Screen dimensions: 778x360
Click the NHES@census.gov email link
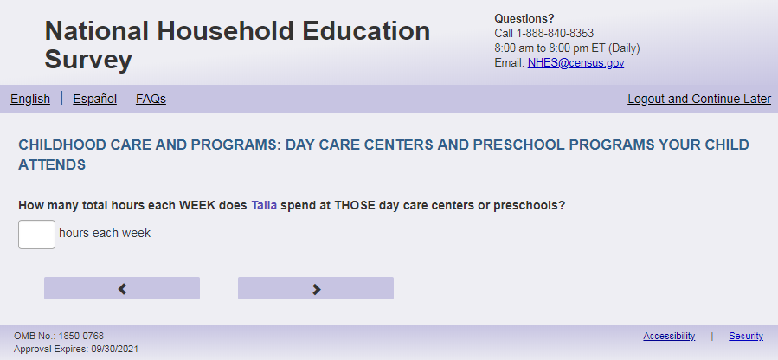(x=575, y=63)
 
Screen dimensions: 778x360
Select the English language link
(x=30, y=100)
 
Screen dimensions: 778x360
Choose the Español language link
(x=95, y=100)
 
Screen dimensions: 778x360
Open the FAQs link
(x=151, y=100)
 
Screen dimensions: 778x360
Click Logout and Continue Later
(x=699, y=100)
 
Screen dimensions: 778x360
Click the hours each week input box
(x=36, y=235)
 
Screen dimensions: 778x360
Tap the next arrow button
(x=316, y=288)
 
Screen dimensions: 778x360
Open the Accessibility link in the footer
(x=669, y=336)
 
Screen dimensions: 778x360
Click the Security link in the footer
(x=746, y=336)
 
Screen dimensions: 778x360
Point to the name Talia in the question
(x=264, y=205)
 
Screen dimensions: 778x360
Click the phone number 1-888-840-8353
(x=555, y=34)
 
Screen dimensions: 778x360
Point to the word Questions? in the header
(x=524, y=19)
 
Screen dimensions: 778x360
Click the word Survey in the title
(x=88, y=60)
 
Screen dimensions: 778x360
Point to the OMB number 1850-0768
(x=80, y=336)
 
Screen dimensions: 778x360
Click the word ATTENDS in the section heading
(x=52, y=165)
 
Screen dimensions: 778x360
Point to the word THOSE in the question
(x=355, y=205)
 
